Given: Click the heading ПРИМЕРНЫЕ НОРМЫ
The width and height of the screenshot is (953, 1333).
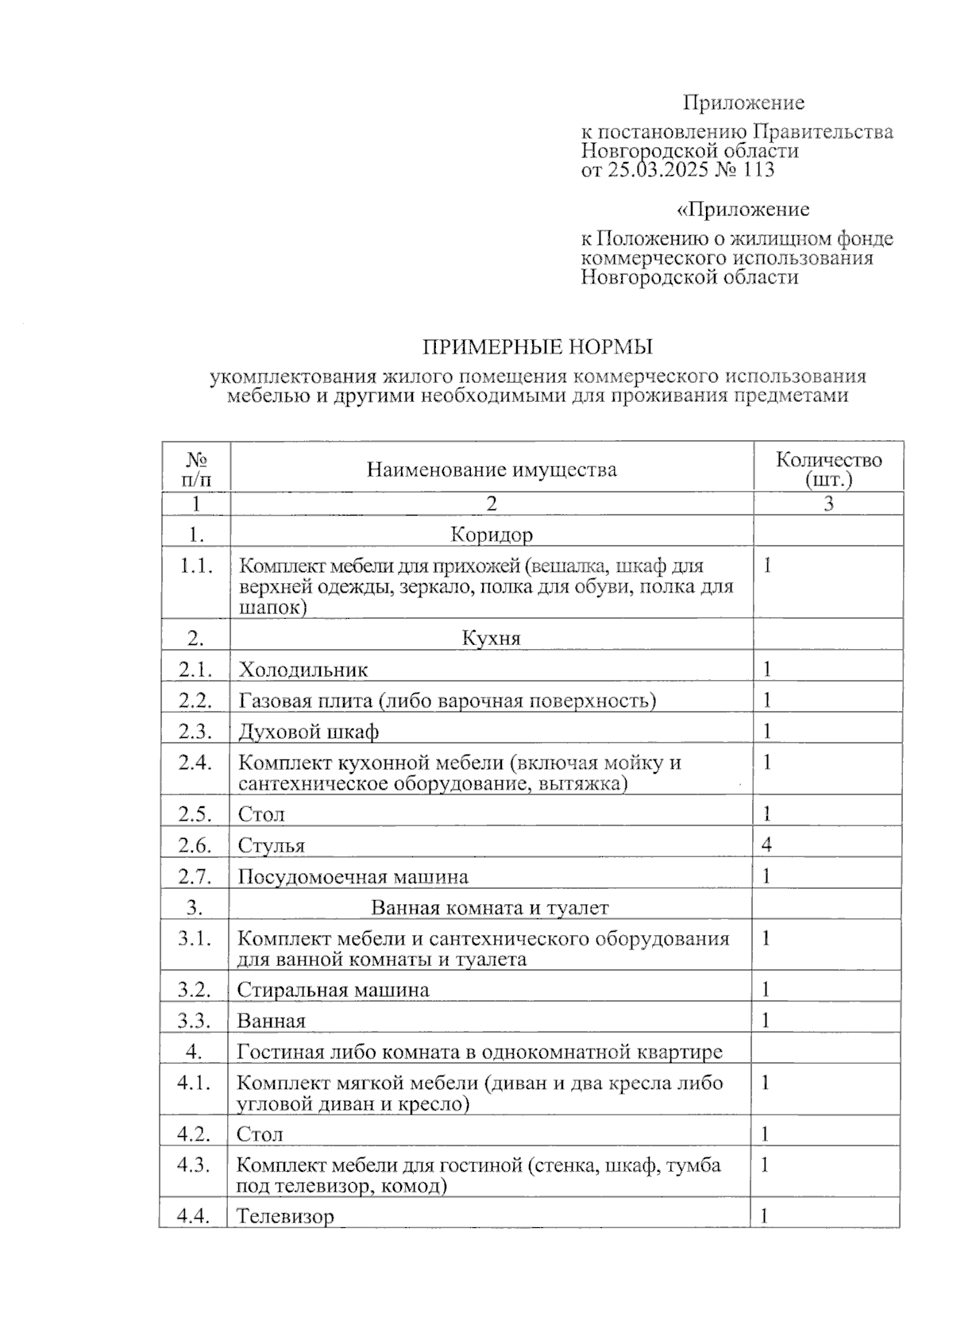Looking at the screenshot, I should [537, 347].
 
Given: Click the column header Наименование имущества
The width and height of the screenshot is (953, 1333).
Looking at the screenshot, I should [492, 469].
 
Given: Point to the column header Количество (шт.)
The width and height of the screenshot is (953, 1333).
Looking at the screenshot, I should [828, 469].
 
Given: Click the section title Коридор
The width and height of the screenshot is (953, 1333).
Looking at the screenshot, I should [492, 534].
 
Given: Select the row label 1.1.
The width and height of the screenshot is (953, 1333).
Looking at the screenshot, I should [195, 566].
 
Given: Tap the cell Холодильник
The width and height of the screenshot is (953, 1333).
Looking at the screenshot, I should [303, 670].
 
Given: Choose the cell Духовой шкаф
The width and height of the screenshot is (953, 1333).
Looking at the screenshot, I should [308, 731].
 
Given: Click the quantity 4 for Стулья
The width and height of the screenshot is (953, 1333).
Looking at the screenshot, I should [766, 844].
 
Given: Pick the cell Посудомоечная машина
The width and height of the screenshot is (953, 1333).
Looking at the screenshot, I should [353, 877].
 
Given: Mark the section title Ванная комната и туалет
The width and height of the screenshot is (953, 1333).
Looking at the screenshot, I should [490, 907].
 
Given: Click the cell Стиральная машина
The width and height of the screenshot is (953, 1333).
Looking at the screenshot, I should [333, 990].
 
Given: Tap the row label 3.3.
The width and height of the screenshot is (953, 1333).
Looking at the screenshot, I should [194, 1021].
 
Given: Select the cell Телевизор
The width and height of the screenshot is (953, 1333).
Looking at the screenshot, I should [285, 1216].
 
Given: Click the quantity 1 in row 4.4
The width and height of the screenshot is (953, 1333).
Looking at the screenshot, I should [765, 1215].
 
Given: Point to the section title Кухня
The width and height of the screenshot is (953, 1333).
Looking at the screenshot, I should [492, 638].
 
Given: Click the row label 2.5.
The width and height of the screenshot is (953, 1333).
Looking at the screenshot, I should [195, 814].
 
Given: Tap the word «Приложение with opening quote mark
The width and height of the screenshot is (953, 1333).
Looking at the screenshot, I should [743, 210].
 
